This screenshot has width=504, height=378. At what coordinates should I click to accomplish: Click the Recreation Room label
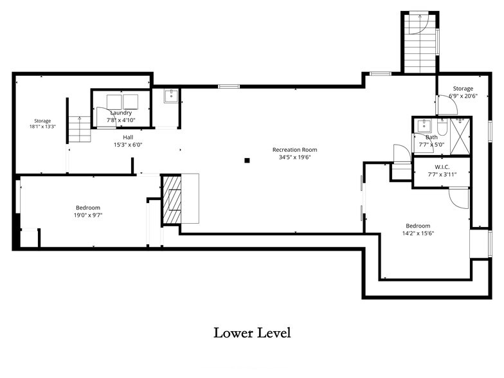pos(294,149)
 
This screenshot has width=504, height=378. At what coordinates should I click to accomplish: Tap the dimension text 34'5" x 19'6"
pos(294,157)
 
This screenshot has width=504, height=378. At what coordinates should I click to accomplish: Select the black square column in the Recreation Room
pos(247,161)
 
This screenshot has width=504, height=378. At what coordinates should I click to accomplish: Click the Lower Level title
pos(252,333)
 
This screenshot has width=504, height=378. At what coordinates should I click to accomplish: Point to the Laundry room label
pos(121,113)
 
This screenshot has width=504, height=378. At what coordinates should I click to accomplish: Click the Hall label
pos(127,138)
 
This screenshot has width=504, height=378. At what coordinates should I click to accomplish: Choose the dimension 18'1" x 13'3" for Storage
pos(42,127)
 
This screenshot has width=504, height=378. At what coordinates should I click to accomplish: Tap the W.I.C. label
pos(442,167)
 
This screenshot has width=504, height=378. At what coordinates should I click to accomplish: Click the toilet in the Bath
pos(442,127)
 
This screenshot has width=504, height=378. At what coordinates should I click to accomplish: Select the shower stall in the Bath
pos(460,136)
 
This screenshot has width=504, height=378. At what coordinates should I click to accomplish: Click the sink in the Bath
pos(424,126)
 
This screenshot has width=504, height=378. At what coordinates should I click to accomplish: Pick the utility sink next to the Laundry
pos(171,96)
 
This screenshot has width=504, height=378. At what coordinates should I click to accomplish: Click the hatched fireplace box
pos(172,199)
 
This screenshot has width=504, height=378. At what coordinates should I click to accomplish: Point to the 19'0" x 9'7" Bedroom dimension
pos(87,215)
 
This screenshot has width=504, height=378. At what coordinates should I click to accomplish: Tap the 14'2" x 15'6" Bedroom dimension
pos(418,233)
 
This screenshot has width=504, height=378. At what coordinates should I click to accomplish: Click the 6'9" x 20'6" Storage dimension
pos(463,96)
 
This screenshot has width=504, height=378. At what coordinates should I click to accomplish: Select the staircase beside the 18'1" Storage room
pos(80,129)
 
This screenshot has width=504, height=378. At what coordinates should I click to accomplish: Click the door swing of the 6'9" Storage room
pos(447,104)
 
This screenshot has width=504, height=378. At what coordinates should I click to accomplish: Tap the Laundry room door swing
pos(104,118)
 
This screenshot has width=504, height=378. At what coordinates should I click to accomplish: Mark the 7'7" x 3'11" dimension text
pos(442,175)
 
